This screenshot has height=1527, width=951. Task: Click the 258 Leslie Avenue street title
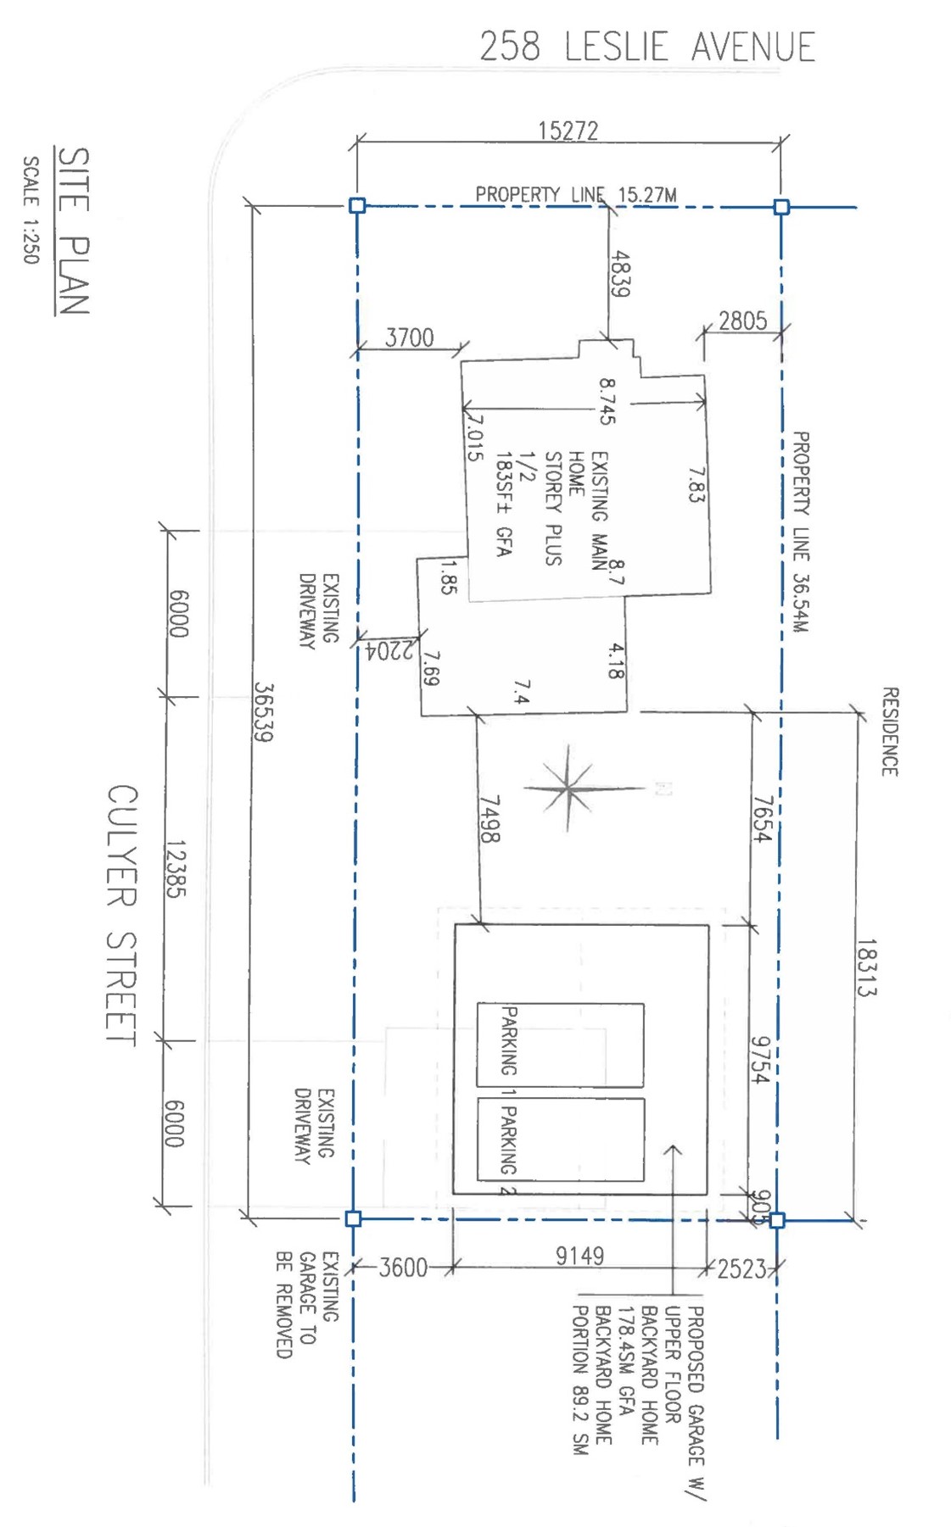click(647, 47)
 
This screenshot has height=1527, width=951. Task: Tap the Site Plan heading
click(72, 231)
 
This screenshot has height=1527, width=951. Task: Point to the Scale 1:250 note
click(31, 209)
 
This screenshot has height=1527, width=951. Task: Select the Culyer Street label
click(121, 915)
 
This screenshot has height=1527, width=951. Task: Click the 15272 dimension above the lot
click(568, 131)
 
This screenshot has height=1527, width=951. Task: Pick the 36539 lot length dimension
click(263, 712)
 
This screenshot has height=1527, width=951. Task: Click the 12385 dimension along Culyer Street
click(176, 869)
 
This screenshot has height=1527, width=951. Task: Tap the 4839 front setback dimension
click(620, 273)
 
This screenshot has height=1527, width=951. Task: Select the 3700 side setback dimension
click(410, 337)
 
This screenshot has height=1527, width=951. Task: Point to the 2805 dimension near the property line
click(742, 320)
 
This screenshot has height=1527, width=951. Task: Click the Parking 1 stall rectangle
click(560, 1045)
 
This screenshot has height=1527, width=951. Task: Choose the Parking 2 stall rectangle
click(560, 1139)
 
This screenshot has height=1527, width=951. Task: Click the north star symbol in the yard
click(567, 789)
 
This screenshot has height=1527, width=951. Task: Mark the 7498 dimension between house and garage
click(489, 819)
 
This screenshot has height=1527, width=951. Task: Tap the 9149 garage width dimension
click(580, 1256)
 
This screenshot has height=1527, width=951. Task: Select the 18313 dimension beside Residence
click(866, 967)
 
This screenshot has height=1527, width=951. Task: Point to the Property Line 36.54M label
click(800, 532)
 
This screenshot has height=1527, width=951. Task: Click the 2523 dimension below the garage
click(742, 1269)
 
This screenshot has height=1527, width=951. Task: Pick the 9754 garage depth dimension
click(760, 1060)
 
